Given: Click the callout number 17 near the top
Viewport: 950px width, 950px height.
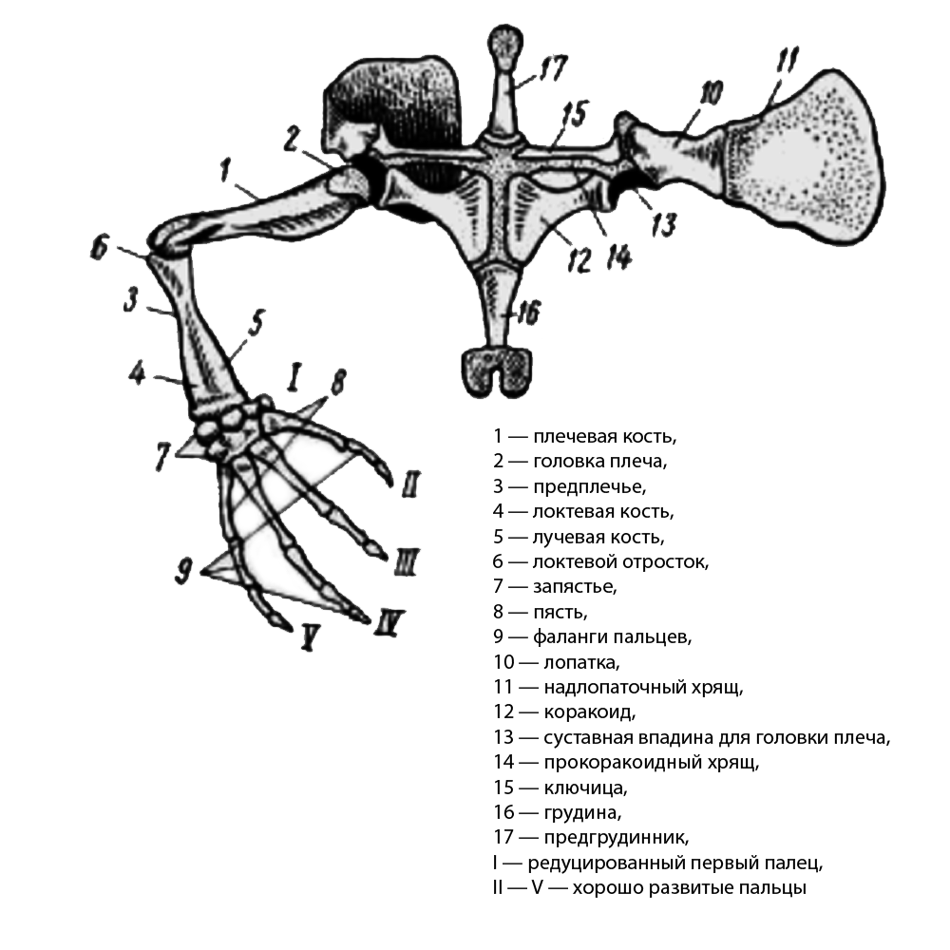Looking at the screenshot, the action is pyautogui.click(x=553, y=67).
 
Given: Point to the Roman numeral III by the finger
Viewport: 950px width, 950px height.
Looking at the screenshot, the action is pyautogui.click(x=406, y=561).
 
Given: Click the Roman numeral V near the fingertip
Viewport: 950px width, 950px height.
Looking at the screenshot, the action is pyautogui.click(x=309, y=637).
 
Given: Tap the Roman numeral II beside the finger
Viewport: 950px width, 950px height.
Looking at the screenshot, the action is pyautogui.click(x=410, y=484).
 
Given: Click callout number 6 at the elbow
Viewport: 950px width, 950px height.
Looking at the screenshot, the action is pyautogui.click(x=100, y=247).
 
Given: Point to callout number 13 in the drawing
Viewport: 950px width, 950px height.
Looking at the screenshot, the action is pyautogui.click(x=663, y=225).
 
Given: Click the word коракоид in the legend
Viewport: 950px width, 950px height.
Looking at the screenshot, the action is pyautogui.click(x=589, y=712).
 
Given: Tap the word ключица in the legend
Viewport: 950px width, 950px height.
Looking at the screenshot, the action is pyautogui.click(x=584, y=788).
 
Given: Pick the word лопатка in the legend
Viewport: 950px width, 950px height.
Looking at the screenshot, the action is pyautogui.click(x=581, y=662).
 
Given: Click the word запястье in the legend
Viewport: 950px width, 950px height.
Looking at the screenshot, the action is pyautogui.click(x=575, y=586).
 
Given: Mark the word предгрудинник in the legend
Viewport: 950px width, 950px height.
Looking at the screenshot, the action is pyautogui.click(x=616, y=837).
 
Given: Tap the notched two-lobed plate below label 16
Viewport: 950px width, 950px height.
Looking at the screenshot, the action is pyautogui.click(x=498, y=371).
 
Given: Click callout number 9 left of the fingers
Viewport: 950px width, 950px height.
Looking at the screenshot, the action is pyautogui.click(x=184, y=571).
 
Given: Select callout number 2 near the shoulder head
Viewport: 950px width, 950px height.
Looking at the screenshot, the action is pyautogui.click(x=292, y=139).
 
